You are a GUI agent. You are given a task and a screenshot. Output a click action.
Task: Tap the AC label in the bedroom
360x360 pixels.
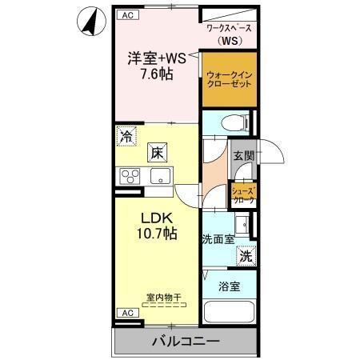[x=126, y=15]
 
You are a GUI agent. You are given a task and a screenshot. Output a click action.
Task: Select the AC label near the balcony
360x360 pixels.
[x=126, y=313]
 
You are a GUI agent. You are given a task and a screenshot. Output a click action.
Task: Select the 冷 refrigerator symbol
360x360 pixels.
[x=126, y=136]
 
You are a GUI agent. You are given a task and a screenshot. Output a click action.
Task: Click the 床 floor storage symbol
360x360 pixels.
[x=157, y=150]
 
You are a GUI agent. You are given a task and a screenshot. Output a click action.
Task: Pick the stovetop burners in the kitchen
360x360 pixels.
[x=130, y=176]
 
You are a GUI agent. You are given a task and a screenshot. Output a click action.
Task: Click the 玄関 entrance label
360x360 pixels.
[x=243, y=156]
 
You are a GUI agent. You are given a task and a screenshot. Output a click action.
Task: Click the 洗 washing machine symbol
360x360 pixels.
[x=246, y=257]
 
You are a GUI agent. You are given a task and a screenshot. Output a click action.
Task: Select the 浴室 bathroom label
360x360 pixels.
[x=230, y=286]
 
